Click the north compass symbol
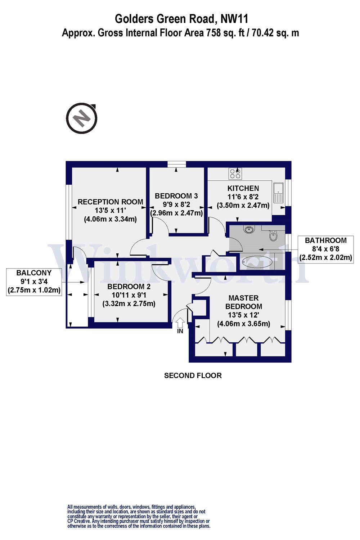[x=82, y=118]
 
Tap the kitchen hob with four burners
[x=235, y=174]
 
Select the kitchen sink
[x=278, y=193]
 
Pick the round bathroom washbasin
[x=248, y=229]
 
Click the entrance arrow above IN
[x=180, y=322]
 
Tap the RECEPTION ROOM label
[x=111, y=202]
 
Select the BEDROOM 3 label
[x=176, y=196]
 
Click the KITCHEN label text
[x=243, y=188]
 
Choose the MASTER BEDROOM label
[x=244, y=302]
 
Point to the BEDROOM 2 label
[x=129, y=287]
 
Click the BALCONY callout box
[x=34, y=282]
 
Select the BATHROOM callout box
[x=326, y=249]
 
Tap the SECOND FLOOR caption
[x=193, y=375]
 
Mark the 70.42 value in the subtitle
[x=265, y=33]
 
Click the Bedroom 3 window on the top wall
[x=177, y=164]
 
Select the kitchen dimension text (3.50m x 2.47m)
[x=243, y=206]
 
